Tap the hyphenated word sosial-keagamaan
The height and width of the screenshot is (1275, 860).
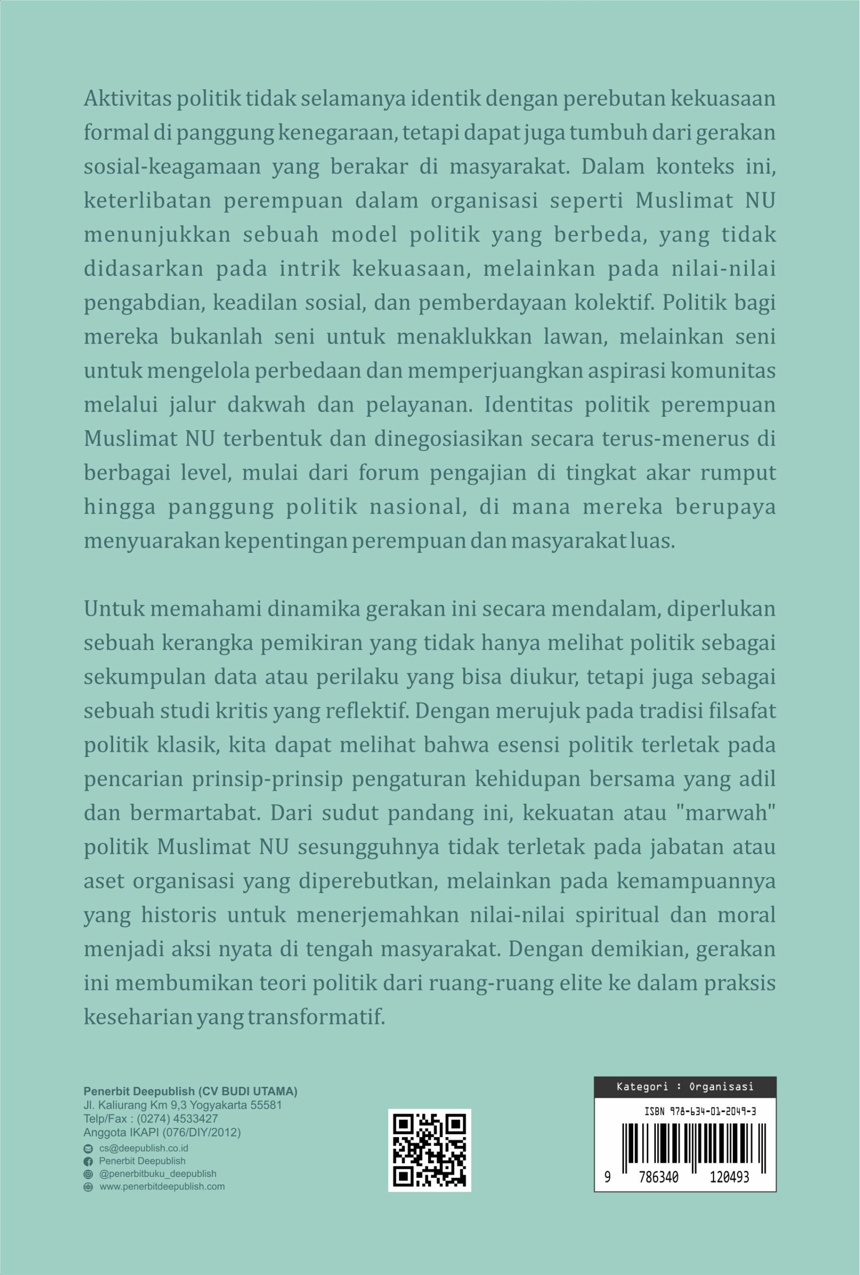172,168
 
